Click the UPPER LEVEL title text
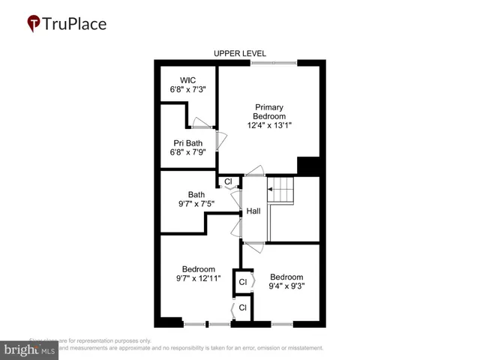240,53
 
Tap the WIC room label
187,80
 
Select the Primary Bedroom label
269,112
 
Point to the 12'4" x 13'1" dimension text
269,125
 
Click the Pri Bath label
187,143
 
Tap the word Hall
253,211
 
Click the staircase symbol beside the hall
283,190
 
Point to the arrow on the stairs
271,190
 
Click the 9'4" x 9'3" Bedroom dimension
287,285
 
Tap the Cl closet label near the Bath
228,181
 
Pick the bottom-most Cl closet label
242,307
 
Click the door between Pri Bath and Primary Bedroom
218,139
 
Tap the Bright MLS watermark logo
30,349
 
